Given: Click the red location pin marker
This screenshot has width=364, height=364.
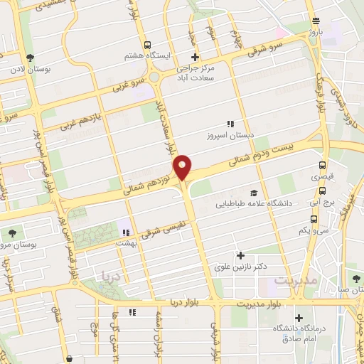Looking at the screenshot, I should coord(183,166).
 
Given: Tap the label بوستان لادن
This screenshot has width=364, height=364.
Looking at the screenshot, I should coord(29,70).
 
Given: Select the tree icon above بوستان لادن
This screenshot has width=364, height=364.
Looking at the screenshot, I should coord(29,58).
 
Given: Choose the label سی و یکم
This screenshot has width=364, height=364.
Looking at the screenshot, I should coord(314,230).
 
